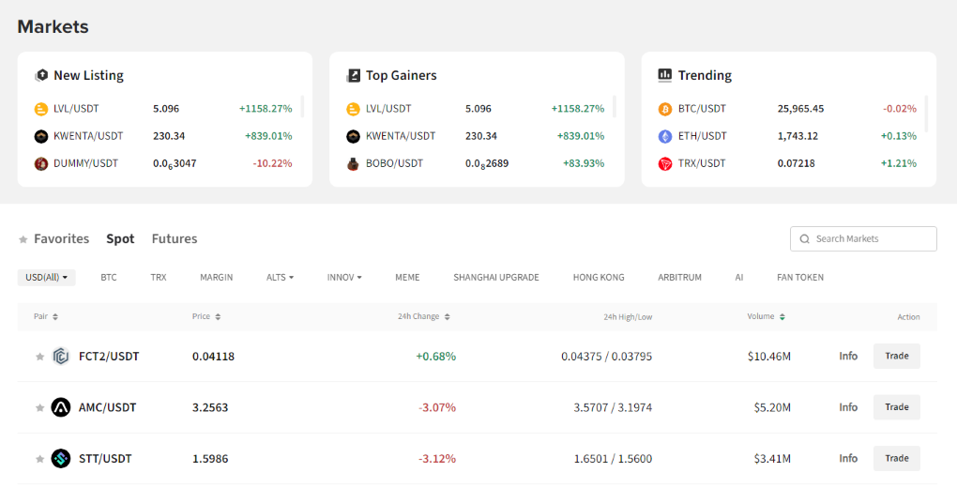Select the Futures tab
tap(175, 239)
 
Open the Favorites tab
tap(61, 239)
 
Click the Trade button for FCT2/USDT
tap(896, 356)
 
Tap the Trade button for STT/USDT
tap(896, 458)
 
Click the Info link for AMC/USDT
tap(848, 407)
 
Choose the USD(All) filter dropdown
tap(46, 278)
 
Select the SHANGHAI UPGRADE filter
tap(495, 278)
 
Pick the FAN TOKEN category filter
tap(800, 278)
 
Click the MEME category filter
tap(407, 278)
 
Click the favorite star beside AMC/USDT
tap(39, 408)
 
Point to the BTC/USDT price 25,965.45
tap(800, 109)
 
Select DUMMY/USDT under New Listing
tap(85, 163)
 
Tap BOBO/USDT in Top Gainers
tap(394, 163)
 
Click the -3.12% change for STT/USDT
tap(437, 459)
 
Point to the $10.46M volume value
tap(769, 357)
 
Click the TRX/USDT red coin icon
tap(665, 163)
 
